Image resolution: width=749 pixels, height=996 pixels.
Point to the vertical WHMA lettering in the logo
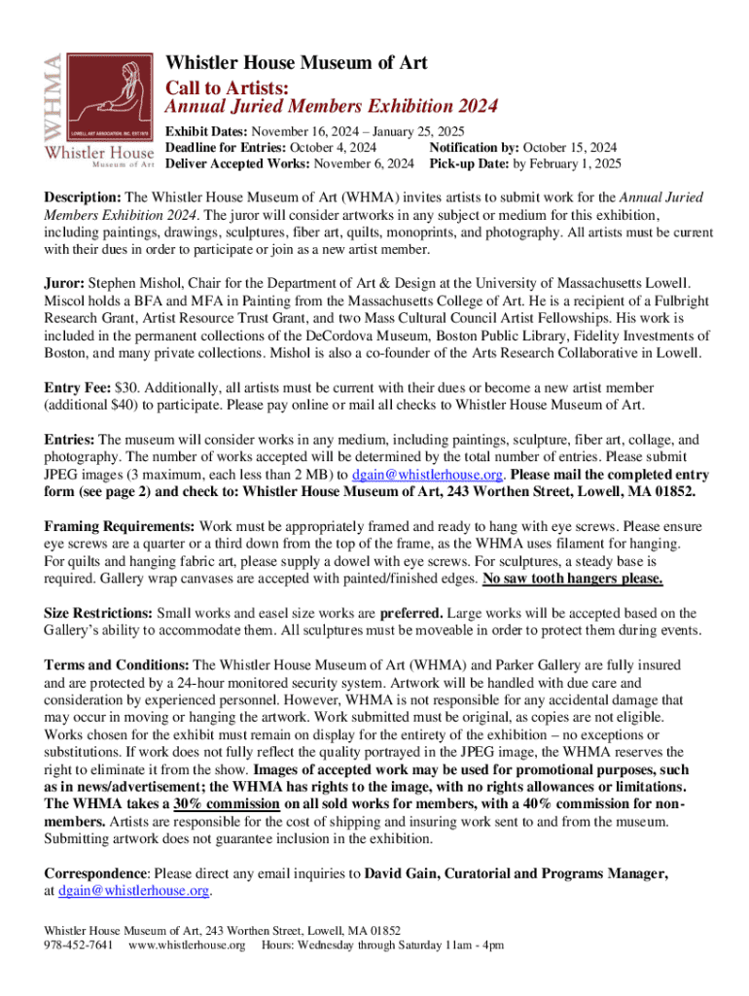tap(55, 82)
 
